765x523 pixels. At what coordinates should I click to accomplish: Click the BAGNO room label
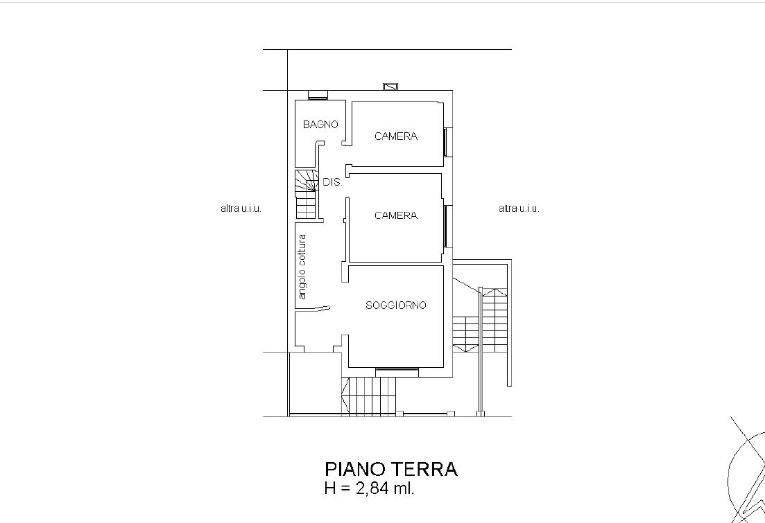pyautogui.click(x=320, y=124)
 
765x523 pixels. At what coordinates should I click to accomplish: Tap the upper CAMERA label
pyautogui.click(x=396, y=136)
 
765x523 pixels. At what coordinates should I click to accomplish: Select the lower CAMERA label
pyautogui.click(x=396, y=215)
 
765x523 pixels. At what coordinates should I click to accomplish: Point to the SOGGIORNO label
pyautogui.click(x=395, y=305)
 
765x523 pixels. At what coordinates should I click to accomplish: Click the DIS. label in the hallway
pyautogui.click(x=332, y=182)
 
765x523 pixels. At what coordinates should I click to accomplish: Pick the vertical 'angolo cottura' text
pyautogui.click(x=302, y=267)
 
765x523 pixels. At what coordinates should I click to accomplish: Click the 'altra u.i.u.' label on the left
pyautogui.click(x=241, y=209)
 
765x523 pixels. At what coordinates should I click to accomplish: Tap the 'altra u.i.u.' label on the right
pyautogui.click(x=519, y=209)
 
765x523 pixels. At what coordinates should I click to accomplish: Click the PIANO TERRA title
pyautogui.click(x=391, y=469)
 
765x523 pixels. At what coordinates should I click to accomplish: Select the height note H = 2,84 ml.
pyautogui.click(x=370, y=488)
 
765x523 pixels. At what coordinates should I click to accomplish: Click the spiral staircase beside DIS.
pyautogui.click(x=307, y=194)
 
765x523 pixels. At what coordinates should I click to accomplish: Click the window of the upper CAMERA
pyautogui.click(x=448, y=142)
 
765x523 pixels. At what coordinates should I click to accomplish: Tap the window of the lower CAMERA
pyautogui.click(x=448, y=226)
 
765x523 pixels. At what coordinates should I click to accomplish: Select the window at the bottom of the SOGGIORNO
pyautogui.click(x=397, y=373)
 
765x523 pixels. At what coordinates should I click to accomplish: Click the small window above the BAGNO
pyautogui.click(x=318, y=95)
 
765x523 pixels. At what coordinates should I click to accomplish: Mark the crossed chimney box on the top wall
pyautogui.click(x=390, y=87)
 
